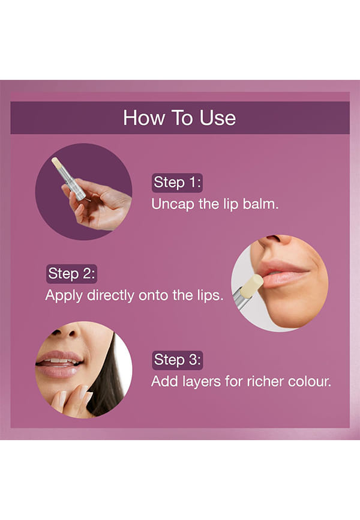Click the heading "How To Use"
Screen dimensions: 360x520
(179, 118)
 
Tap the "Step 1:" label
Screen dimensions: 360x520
(178, 183)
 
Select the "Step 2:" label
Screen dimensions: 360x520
(71, 274)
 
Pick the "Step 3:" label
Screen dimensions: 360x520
(178, 360)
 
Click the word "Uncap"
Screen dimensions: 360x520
(173, 204)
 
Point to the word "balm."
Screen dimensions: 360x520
(260, 204)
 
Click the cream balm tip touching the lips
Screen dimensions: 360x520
(251, 286)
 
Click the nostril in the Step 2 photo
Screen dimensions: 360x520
(274, 238)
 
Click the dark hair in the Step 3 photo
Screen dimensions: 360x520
(106, 381)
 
